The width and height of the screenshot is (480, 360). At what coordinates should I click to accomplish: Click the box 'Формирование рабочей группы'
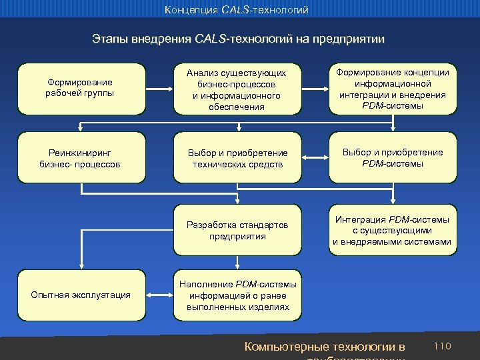[80, 88]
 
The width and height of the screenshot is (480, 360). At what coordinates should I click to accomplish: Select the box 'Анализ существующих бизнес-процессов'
[236, 89]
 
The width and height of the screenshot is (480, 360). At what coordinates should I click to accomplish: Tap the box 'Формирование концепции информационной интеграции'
[393, 89]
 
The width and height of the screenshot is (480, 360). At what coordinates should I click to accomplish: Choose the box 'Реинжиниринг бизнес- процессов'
[80, 159]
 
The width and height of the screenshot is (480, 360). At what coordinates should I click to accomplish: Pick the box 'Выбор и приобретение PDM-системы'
[393, 159]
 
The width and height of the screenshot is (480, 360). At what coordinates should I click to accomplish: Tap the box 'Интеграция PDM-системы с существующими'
[393, 231]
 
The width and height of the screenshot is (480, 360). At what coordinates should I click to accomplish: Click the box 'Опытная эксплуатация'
[80, 294]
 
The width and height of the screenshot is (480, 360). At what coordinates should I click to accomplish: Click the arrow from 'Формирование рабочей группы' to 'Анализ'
[159, 88]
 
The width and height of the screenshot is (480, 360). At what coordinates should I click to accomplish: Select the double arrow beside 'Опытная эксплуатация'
[159, 294]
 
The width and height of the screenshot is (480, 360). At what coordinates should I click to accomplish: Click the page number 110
[443, 346]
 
